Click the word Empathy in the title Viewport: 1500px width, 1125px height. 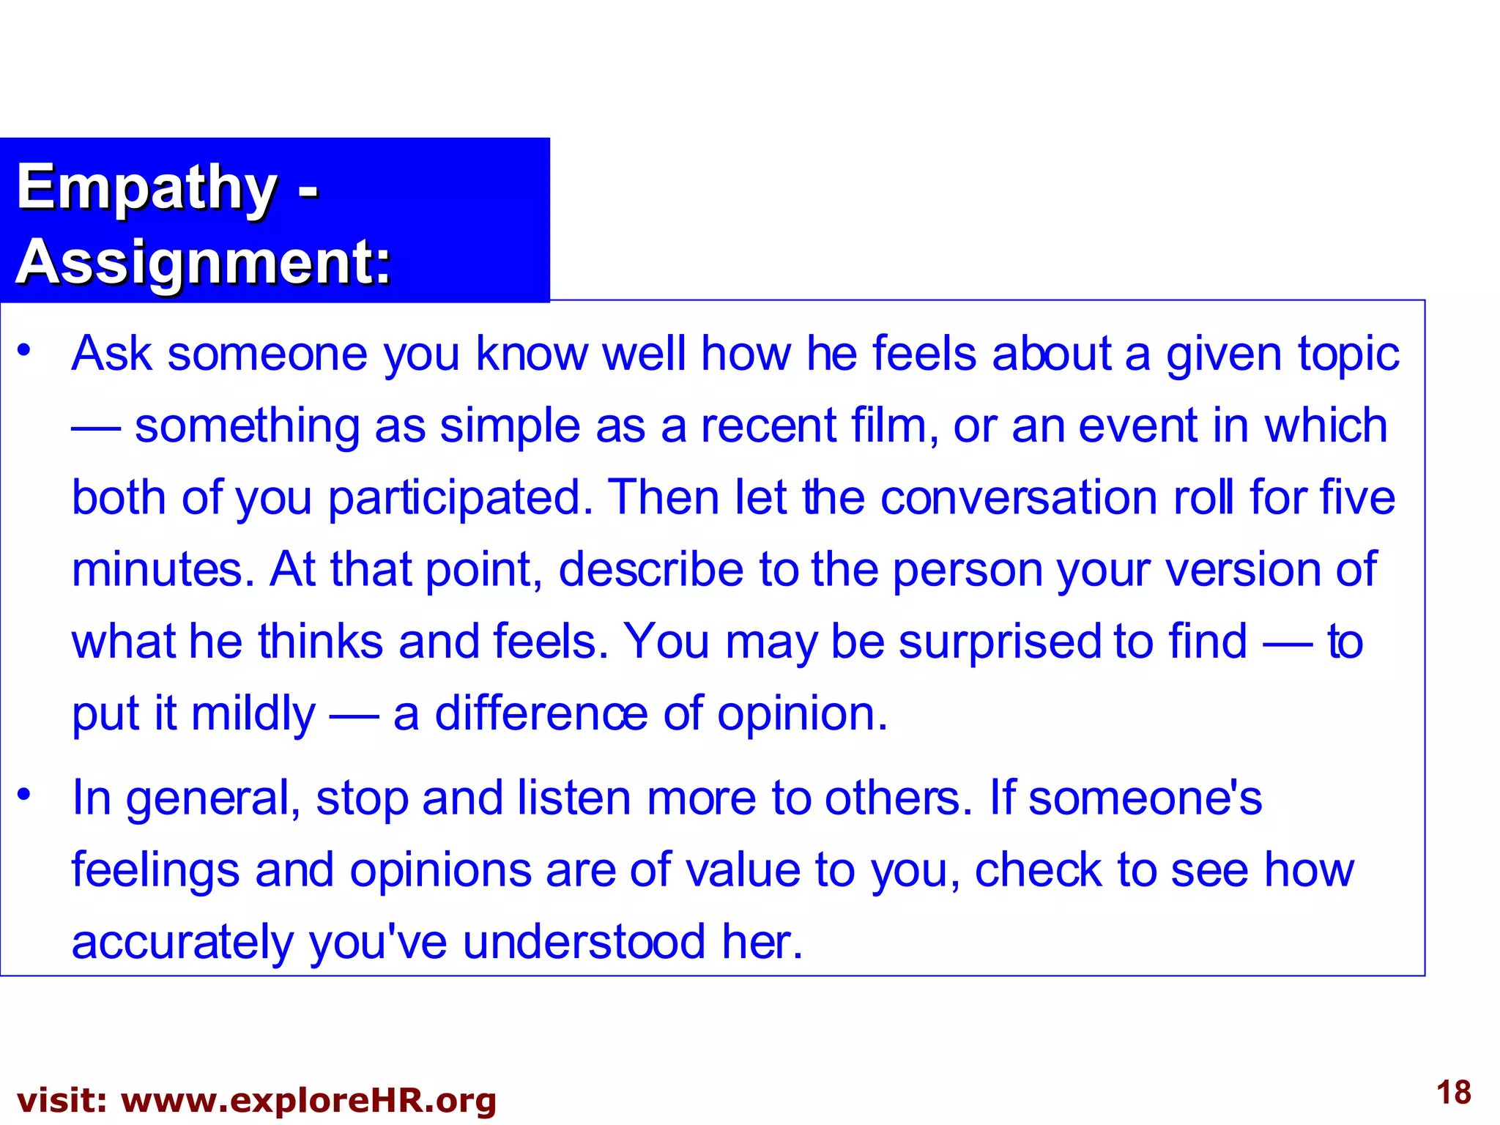[x=146, y=187]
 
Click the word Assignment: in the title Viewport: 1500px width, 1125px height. [x=204, y=262]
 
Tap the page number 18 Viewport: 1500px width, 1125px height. [x=1453, y=1093]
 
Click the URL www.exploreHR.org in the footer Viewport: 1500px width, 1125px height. [x=308, y=1101]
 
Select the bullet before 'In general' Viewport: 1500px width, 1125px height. [x=25, y=794]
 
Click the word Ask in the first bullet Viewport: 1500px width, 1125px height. [x=111, y=354]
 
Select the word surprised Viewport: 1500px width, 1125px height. [x=1000, y=642]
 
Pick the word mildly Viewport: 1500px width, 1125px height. [x=253, y=714]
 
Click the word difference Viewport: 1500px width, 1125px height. [x=541, y=714]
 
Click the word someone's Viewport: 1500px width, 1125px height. [x=1145, y=798]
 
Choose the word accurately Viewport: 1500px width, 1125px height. [x=182, y=943]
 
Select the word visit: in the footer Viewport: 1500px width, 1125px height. [x=62, y=1101]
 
